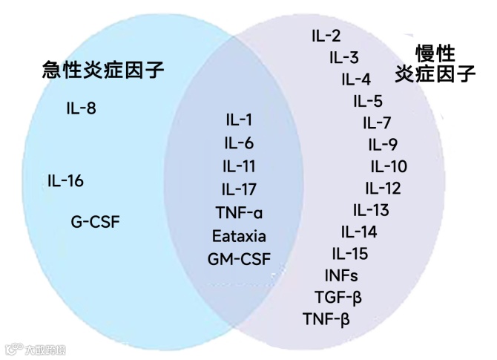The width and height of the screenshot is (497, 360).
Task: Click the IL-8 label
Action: click(x=81, y=109)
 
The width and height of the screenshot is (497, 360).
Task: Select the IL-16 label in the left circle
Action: click(x=65, y=181)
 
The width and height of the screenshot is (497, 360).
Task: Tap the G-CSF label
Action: click(x=95, y=221)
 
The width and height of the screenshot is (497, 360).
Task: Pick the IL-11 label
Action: click(x=239, y=166)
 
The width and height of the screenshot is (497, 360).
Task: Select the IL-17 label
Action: click(x=239, y=189)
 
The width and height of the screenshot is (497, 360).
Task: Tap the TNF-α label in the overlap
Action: click(x=239, y=213)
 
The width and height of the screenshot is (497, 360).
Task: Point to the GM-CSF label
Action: click(x=239, y=260)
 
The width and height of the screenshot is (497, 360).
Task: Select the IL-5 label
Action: click(x=368, y=102)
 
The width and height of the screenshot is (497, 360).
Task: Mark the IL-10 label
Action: click(x=389, y=166)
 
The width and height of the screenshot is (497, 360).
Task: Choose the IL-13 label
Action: click(x=371, y=210)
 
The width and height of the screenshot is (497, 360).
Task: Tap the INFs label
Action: click(x=341, y=276)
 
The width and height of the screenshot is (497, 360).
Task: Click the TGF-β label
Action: click(x=338, y=298)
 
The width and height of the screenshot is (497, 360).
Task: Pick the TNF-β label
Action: click(x=326, y=320)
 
